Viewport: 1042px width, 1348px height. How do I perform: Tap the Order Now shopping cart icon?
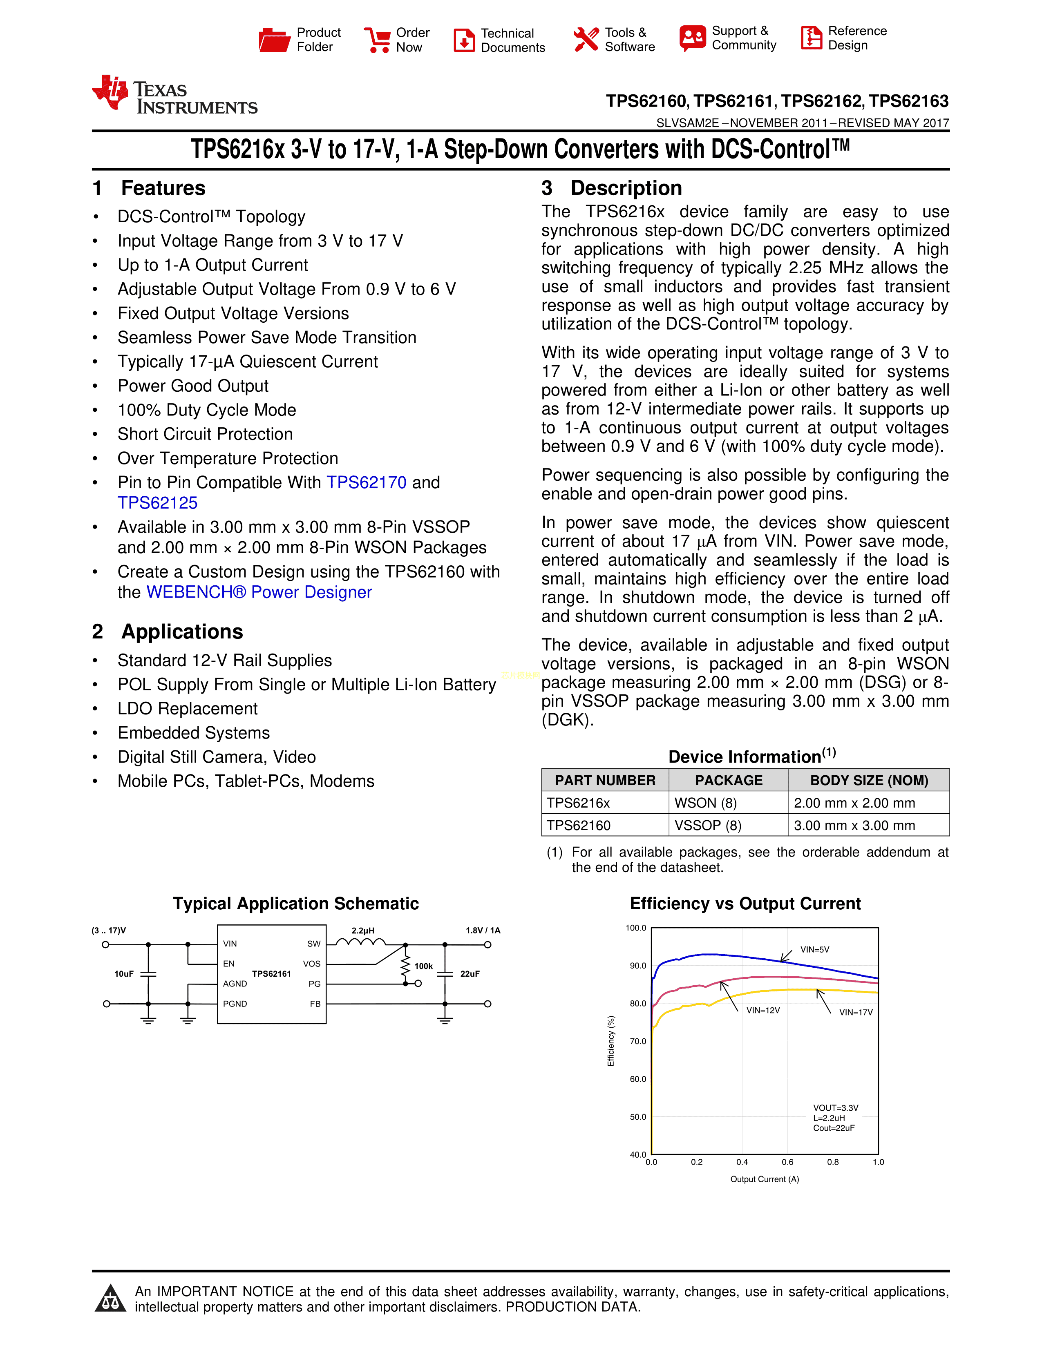pyautogui.click(x=377, y=40)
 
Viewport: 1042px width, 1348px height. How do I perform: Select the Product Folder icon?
pyautogui.click(x=274, y=40)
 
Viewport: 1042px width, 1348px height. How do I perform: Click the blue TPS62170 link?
pyautogui.click(x=366, y=483)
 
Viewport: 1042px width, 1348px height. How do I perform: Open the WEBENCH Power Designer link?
pyautogui.click(x=259, y=593)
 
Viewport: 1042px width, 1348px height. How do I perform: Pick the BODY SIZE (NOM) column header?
pyautogui.click(x=869, y=781)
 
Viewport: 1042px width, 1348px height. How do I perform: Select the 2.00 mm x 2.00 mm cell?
pyautogui.click(x=854, y=803)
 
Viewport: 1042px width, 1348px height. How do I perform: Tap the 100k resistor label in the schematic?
pyautogui.click(x=423, y=966)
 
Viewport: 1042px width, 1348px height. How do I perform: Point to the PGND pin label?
pyautogui.click(x=235, y=1004)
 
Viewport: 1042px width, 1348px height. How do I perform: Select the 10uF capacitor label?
pyautogui.click(x=123, y=974)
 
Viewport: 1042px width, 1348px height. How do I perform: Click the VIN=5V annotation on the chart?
pyautogui.click(x=815, y=950)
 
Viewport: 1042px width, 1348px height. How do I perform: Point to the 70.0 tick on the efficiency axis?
pyautogui.click(x=638, y=1041)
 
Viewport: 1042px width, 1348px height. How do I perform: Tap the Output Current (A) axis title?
pyautogui.click(x=764, y=1180)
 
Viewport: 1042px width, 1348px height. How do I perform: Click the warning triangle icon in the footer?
pyautogui.click(x=110, y=1299)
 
